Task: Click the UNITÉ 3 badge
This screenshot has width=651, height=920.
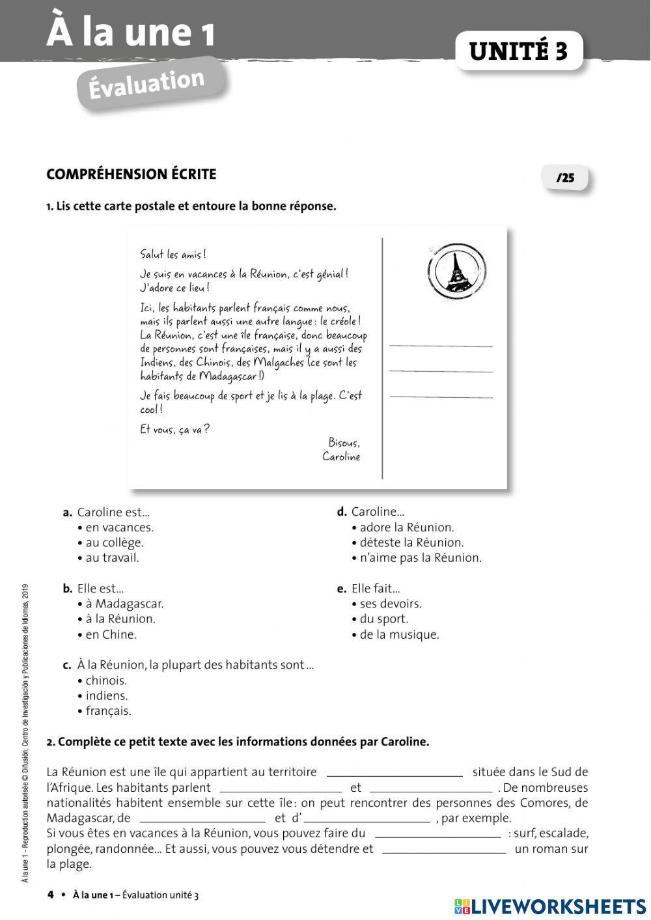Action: click(x=518, y=51)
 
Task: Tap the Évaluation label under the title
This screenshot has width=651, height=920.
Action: click(x=148, y=83)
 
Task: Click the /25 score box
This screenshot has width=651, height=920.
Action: click(x=564, y=178)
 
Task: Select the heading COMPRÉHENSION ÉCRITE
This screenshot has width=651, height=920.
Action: click(x=131, y=174)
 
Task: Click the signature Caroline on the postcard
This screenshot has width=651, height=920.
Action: click(x=340, y=456)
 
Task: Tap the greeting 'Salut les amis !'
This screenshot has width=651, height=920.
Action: click(x=173, y=255)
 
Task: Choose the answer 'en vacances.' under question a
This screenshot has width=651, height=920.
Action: click(x=119, y=527)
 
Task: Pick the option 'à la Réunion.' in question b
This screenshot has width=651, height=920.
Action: click(x=120, y=619)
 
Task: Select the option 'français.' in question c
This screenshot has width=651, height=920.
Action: click(x=108, y=711)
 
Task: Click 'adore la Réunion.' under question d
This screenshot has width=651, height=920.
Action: click(x=406, y=527)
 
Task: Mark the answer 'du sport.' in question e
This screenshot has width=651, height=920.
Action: click(x=383, y=619)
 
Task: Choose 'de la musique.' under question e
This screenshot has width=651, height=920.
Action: click(x=399, y=635)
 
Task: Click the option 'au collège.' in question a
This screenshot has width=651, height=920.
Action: click(x=114, y=542)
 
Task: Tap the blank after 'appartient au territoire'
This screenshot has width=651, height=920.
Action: click(x=395, y=773)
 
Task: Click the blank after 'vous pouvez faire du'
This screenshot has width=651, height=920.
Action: click(x=437, y=834)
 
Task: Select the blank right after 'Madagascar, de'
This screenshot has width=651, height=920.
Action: click(x=202, y=818)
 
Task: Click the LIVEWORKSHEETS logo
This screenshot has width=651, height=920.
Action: click(x=551, y=906)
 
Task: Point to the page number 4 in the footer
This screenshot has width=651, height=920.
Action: click(x=51, y=895)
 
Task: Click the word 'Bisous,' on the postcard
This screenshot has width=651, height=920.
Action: click(x=344, y=443)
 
